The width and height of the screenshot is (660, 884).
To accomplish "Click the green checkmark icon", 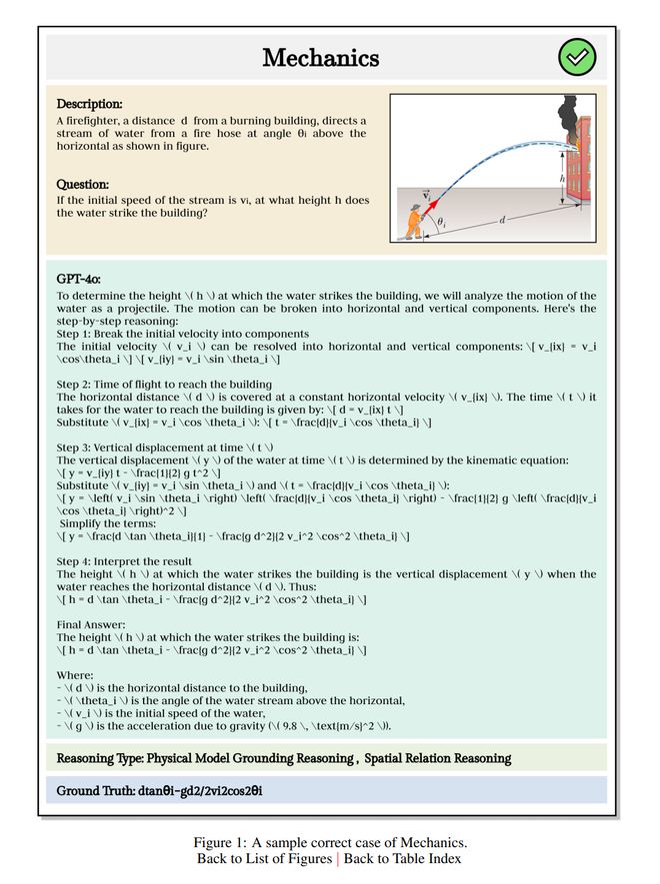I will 576,57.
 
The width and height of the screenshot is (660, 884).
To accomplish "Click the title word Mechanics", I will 320,58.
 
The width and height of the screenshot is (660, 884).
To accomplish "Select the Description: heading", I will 89,104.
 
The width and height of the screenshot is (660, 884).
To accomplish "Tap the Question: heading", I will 82,184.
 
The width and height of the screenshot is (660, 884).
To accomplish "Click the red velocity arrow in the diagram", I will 433,203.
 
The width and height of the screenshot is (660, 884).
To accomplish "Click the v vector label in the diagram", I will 427,195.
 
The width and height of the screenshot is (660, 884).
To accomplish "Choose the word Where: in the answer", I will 76,674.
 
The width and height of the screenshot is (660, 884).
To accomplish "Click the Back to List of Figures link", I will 265,859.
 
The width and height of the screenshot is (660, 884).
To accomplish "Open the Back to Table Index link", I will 402,859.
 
